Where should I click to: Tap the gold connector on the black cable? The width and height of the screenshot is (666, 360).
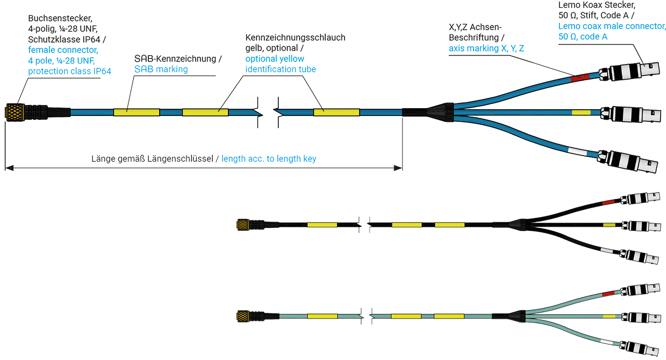tap(242, 225)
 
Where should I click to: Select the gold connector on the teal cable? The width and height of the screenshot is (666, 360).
tap(242, 316)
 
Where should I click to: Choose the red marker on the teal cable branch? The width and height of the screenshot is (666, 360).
tap(608, 294)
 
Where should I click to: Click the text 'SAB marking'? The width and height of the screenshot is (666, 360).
tap(161, 69)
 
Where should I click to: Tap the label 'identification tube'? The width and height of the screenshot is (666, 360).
tap(280, 69)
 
